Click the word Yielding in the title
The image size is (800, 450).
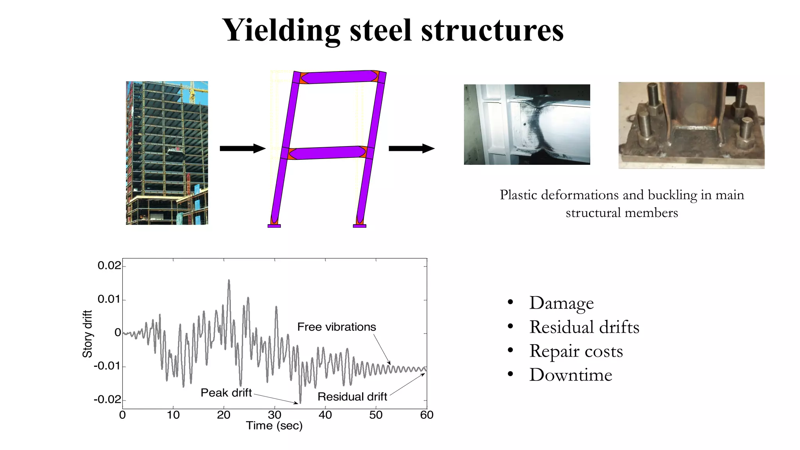click(281, 30)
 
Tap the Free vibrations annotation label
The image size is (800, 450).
click(336, 327)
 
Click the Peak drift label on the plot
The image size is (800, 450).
click(226, 393)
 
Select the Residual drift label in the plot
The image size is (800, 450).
click(352, 397)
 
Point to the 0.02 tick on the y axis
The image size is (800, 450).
click(109, 266)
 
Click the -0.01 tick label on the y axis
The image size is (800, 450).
click(107, 366)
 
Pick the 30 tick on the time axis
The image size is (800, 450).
click(274, 415)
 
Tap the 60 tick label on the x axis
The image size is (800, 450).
click(426, 415)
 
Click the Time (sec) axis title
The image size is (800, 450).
click(274, 426)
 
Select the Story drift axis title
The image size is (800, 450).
click(87, 334)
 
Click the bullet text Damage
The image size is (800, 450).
click(561, 303)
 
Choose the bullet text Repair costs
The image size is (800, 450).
click(576, 351)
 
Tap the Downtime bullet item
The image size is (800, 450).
click(570, 375)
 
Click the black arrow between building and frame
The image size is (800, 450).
click(242, 148)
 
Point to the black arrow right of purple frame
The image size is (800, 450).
click(411, 148)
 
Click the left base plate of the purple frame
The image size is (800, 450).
click(274, 226)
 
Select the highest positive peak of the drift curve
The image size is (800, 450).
click(229, 280)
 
